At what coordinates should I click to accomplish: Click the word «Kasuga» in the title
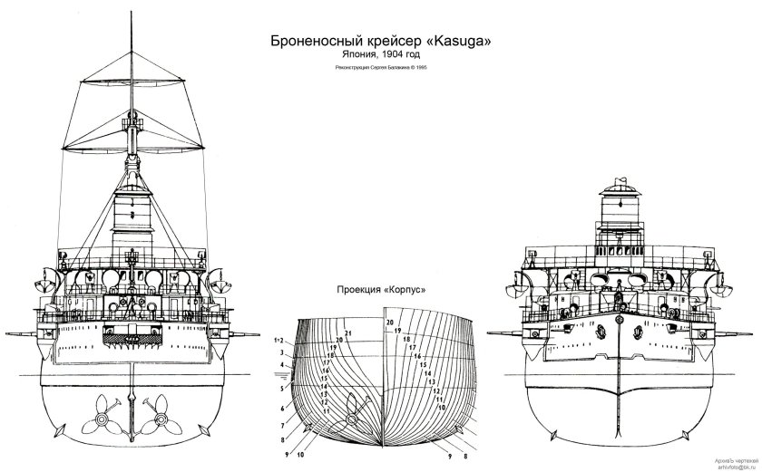point(463,42)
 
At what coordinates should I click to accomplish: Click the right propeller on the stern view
point(163,418)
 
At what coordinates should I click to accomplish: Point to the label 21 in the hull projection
point(348,333)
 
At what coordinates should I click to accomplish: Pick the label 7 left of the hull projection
point(283,424)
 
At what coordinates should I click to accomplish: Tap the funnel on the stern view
point(132,213)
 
